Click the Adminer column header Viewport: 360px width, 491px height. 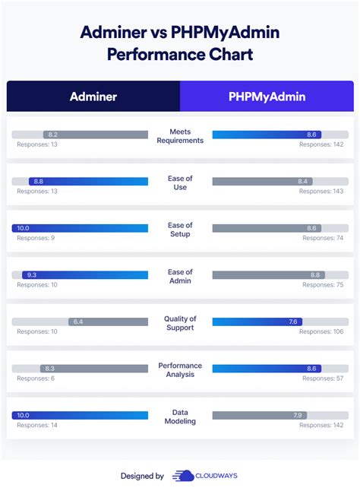click(x=93, y=97)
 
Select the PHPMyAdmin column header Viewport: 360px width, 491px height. click(x=267, y=97)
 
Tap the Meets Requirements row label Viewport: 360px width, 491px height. click(x=180, y=136)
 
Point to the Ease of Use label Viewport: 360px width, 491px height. click(x=180, y=182)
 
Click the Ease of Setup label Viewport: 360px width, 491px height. click(x=180, y=230)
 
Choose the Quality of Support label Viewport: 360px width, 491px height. click(x=180, y=323)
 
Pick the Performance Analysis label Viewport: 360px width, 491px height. click(x=180, y=369)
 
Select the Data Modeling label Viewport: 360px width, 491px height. click(x=180, y=417)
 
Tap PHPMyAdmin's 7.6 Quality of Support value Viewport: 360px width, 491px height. click(x=292, y=322)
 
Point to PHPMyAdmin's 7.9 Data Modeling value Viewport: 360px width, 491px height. click(x=298, y=415)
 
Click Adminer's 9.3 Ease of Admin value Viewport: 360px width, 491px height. click(x=31, y=275)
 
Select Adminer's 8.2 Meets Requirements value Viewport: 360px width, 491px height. click(x=52, y=135)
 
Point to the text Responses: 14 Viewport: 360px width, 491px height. click(x=36, y=425)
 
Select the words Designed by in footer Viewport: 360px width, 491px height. click(x=142, y=476)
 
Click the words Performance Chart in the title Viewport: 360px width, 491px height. click(x=179, y=55)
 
